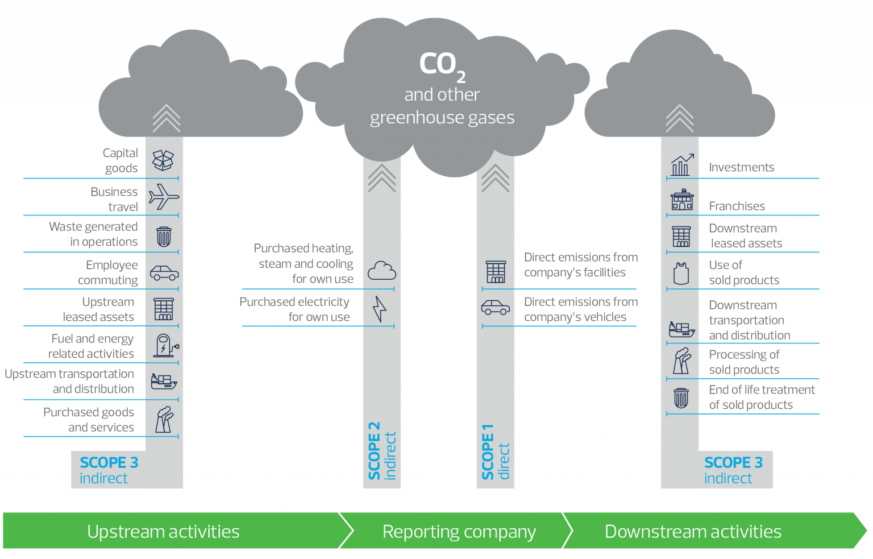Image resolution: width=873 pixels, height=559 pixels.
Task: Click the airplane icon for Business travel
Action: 164,197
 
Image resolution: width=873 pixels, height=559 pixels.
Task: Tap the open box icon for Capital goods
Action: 163,160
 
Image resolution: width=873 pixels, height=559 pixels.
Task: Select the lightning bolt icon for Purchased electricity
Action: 379,309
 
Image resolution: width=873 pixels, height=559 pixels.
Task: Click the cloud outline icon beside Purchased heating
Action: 382,271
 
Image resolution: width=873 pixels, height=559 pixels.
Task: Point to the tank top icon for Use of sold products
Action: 681,274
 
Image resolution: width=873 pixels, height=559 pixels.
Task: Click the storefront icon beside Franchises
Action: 682,200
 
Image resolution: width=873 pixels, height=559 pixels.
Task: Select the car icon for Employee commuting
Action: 164,273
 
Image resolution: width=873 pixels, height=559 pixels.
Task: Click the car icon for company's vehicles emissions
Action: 496,307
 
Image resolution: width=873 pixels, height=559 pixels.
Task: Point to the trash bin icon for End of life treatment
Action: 681,398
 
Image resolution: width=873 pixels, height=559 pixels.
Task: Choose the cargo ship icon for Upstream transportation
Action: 164,382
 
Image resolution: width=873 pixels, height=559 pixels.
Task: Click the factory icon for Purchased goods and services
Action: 164,420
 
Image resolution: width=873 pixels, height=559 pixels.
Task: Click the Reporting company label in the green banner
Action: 459,532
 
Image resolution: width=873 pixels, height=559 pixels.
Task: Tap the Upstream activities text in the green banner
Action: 163,531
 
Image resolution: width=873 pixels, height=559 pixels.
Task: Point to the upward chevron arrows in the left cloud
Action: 167,118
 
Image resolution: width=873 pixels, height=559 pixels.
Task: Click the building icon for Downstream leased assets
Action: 681,237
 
